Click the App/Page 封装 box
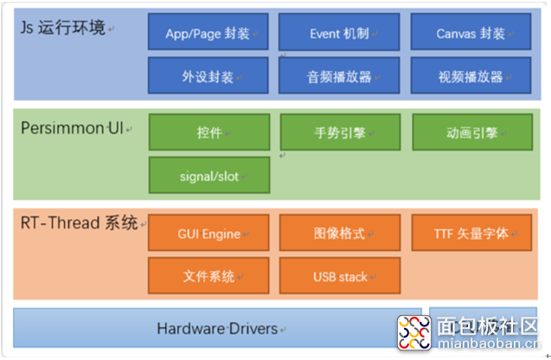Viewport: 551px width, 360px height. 208,33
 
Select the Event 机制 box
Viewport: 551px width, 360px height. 339,33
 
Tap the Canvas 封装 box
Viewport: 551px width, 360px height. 471,33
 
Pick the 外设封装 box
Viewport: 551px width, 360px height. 208,76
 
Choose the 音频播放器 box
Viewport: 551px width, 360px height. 339,76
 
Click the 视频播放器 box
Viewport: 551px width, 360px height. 471,76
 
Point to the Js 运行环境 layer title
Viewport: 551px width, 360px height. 64,28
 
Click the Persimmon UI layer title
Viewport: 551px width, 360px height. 73,128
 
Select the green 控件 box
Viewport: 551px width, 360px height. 208,132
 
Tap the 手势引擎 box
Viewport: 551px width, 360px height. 339,132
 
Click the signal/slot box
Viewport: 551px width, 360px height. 208,176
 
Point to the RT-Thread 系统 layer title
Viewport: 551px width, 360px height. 79,223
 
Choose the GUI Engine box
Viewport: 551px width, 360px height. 208,233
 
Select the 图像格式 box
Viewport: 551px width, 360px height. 339,233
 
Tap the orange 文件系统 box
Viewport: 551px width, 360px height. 208,276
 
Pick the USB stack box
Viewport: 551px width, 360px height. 339,276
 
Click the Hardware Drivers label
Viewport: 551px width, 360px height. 217,328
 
